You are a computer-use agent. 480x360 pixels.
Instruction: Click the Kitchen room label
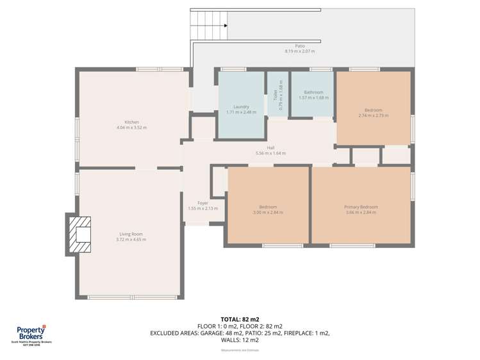tap(131, 122)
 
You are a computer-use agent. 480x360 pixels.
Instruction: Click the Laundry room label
tap(241, 107)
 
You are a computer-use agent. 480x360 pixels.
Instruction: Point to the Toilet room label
tap(276, 97)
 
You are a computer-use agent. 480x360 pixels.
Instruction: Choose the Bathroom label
tap(313, 92)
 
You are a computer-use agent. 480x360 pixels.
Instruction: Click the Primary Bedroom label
tap(361, 207)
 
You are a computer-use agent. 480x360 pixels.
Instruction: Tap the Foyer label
tap(203, 203)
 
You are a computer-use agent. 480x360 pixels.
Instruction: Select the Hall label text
tap(270, 147)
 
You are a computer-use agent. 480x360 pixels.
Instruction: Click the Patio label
tap(300, 46)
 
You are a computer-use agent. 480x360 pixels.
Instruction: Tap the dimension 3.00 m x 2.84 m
tap(268, 212)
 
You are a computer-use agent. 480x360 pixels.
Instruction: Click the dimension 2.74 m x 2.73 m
tap(374, 115)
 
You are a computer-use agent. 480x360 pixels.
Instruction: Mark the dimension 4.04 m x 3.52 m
tap(131, 127)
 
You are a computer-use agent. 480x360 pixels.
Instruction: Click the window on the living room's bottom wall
tap(133, 297)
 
